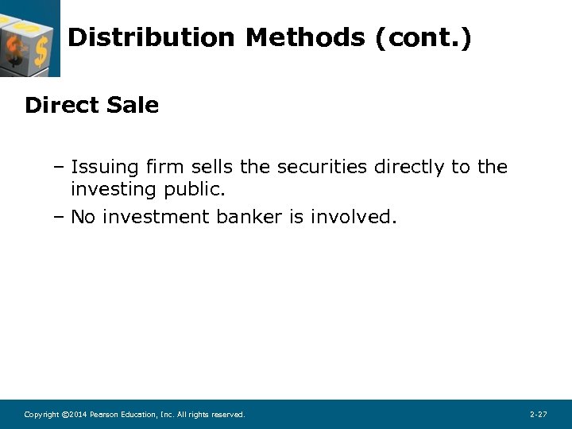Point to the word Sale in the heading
[x=131, y=105]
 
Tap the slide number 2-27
[x=538, y=415]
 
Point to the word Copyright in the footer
[x=41, y=415]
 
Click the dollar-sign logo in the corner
[x=29, y=38]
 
